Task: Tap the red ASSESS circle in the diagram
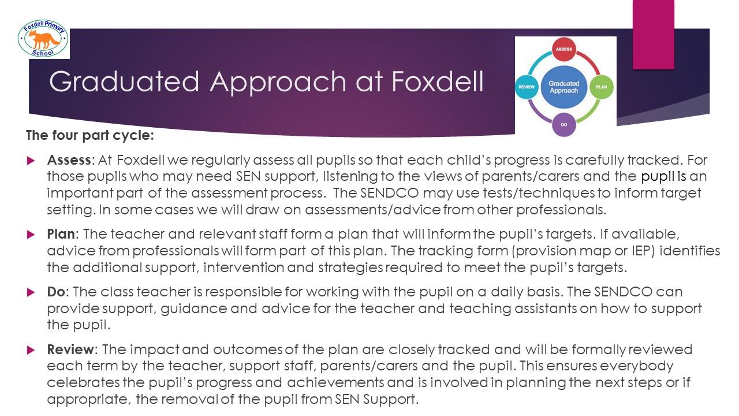pyautogui.click(x=564, y=49)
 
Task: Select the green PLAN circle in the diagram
pyautogui.click(x=602, y=87)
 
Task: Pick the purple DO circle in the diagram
pyautogui.click(x=564, y=124)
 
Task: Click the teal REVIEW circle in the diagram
pyautogui.click(x=527, y=87)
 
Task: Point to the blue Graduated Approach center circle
pyautogui.click(x=564, y=87)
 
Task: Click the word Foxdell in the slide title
pyautogui.click(x=438, y=81)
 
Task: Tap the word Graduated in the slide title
pyautogui.click(x=124, y=82)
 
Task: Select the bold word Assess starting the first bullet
pyautogui.click(x=69, y=160)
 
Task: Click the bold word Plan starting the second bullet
pyautogui.click(x=61, y=234)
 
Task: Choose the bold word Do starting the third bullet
pyautogui.click(x=56, y=292)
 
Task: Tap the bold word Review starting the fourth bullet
pyautogui.click(x=70, y=350)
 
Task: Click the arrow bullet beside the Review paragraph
pyautogui.click(x=31, y=350)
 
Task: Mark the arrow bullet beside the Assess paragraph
pyautogui.click(x=31, y=161)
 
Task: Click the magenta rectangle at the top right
pyautogui.click(x=653, y=35)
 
